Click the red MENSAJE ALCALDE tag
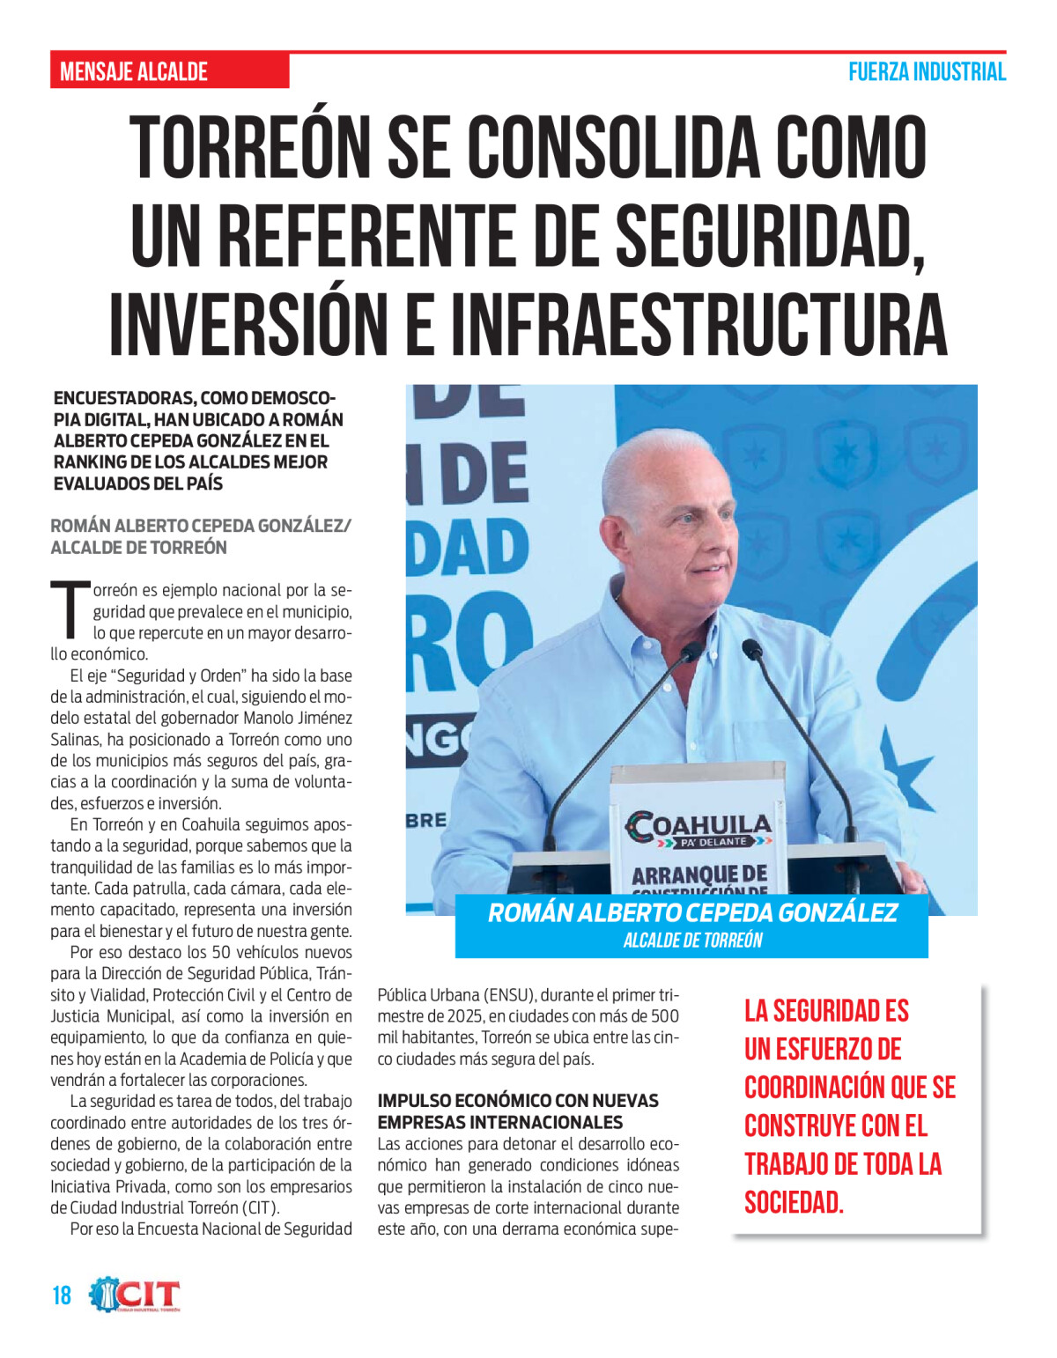(x=134, y=71)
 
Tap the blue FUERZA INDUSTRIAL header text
(x=927, y=72)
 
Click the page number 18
(x=62, y=1295)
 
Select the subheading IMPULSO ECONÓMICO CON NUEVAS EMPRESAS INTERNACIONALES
(x=518, y=1111)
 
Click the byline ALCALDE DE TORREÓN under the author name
(x=138, y=547)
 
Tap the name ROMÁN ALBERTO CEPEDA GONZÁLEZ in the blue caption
(x=692, y=912)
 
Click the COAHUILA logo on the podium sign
(x=698, y=827)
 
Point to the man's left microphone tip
(x=691, y=653)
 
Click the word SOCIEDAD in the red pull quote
(x=794, y=1202)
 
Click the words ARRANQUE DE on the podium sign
(x=699, y=874)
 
